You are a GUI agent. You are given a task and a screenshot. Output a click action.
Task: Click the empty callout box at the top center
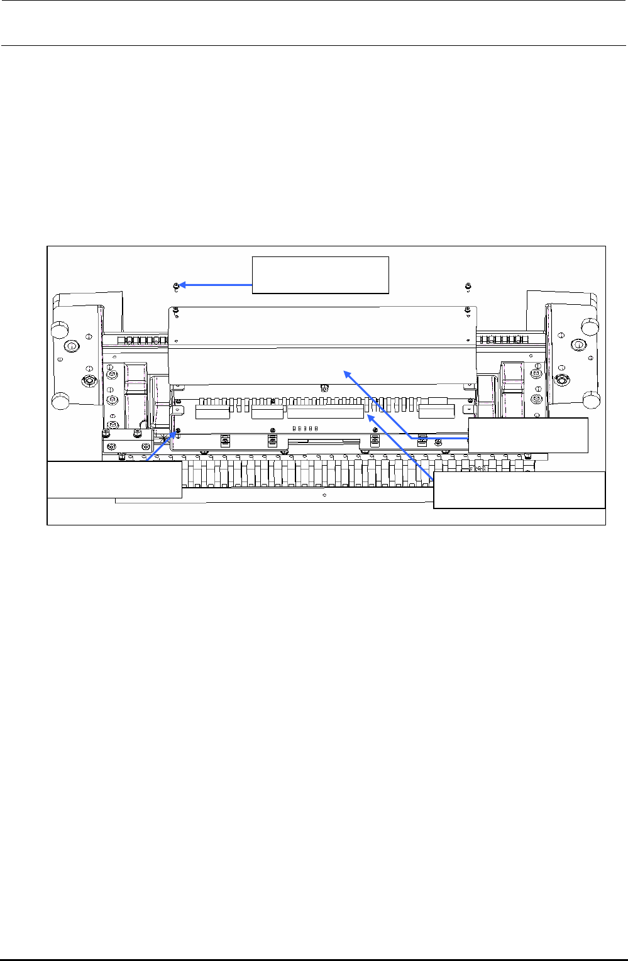click(x=321, y=275)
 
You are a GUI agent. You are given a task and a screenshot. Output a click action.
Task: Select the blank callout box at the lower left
click(x=115, y=480)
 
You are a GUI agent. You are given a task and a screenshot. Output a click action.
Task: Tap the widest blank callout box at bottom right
click(x=519, y=490)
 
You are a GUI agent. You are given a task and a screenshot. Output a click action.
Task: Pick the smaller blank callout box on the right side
click(x=528, y=435)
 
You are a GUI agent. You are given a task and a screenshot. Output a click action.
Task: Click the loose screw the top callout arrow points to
click(x=176, y=287)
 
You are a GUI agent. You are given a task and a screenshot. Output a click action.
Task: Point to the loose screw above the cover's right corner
click(x=468, y=287)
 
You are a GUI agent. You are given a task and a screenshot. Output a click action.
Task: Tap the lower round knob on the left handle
click(x=60, y=400)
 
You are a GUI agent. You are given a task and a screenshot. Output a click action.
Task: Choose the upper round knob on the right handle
click(x=590, y=326)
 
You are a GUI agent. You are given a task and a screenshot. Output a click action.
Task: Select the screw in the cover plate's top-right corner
click(x=468, y=310)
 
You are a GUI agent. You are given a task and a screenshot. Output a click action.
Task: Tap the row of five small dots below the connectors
click(x=306, y=427)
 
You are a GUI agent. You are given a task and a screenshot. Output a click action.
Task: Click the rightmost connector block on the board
click(x=436, y=412)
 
